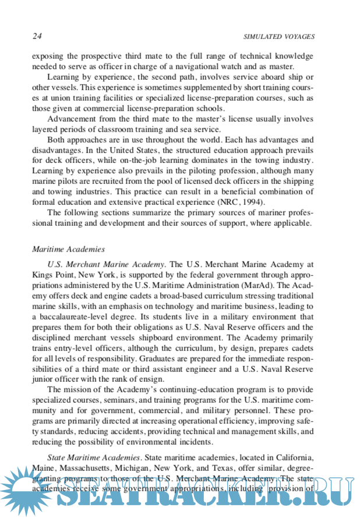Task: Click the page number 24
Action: pos(37,36)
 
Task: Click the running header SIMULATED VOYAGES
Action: pos(278,37)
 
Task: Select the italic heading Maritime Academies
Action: pos(68,249)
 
